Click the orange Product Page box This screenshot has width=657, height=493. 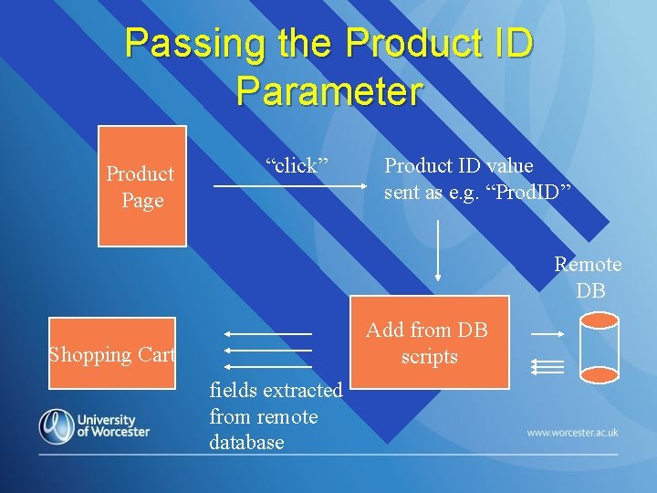click(142, 186)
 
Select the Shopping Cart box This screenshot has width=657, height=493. click(112, 354)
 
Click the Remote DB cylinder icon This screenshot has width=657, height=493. click(600, 348)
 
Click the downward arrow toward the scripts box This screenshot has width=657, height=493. click(439, 248)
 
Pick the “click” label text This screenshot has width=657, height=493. click(297, 165)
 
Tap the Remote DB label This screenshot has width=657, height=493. click(589, 278)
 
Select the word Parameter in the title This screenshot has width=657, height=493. click(328, 91)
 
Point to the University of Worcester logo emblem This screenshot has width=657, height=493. click(57, 425)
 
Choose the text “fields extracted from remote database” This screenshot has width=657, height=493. click(275, 416)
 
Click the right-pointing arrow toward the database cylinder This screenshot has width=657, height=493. click(547, 335)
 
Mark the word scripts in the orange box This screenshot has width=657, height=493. click(429, 357)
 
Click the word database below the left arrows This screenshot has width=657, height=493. click(246, 443)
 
